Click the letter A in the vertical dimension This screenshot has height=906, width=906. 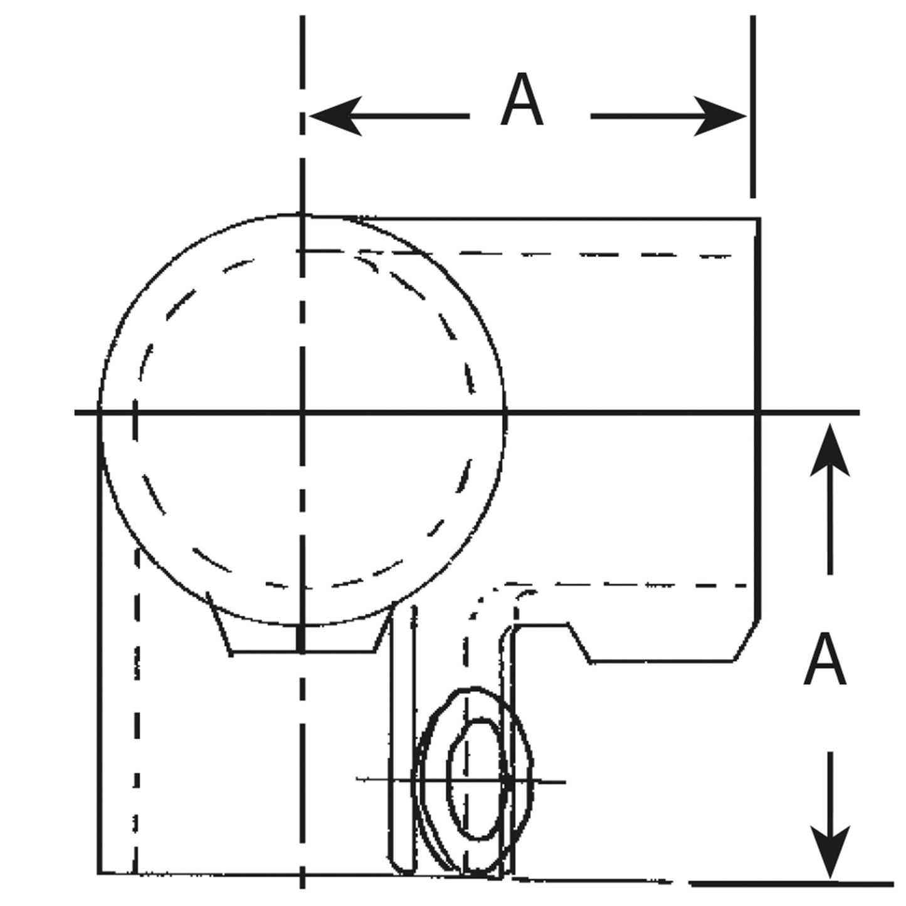[824, 659]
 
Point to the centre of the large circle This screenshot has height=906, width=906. [302, 413]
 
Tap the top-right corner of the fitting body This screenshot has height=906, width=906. [759, 219]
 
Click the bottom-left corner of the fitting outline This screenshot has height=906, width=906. [100, 872]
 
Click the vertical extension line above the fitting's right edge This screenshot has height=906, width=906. [752, 107]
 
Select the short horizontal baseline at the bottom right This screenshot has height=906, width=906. [790, 884]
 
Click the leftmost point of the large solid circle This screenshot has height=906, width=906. [99, 413]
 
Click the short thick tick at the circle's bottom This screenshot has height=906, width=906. [302, 638]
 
